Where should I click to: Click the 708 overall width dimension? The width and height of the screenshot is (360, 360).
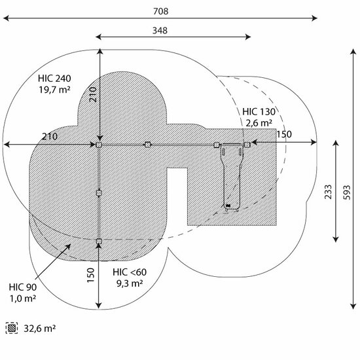161,11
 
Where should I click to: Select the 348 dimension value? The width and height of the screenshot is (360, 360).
160,31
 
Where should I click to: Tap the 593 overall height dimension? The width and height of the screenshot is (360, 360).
347,192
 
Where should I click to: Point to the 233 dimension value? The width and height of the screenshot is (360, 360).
328,192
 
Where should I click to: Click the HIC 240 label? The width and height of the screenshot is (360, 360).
54,79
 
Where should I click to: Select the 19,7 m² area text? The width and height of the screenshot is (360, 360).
54,90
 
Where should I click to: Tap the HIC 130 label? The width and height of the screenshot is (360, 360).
259,112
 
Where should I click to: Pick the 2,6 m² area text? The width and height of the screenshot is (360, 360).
259,123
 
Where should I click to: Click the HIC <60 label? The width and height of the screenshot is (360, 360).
130,272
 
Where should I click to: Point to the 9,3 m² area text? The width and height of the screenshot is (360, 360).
130,283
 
